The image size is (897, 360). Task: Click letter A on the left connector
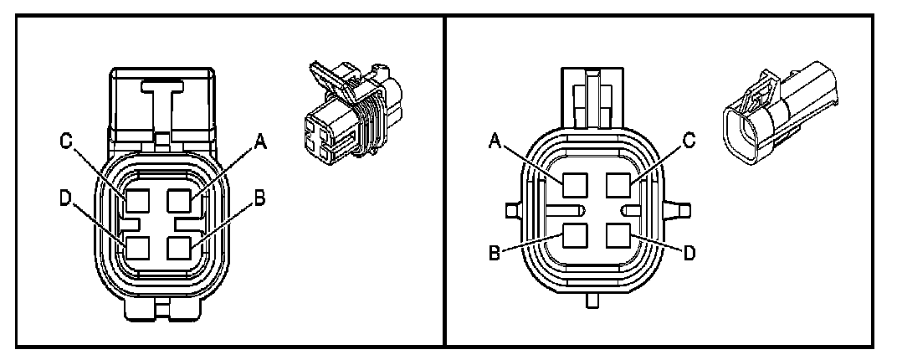tap(261, 143)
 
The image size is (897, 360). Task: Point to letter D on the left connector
tap(64, 202)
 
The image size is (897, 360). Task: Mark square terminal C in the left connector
tap(137, 202)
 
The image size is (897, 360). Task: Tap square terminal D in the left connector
tap(137, 249)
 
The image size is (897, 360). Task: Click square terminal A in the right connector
tap(574, 183)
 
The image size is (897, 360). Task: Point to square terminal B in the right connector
tap(574, 236)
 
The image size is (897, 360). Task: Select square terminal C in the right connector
tap(617, 183)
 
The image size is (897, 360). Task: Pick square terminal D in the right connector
tap(617, 236)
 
